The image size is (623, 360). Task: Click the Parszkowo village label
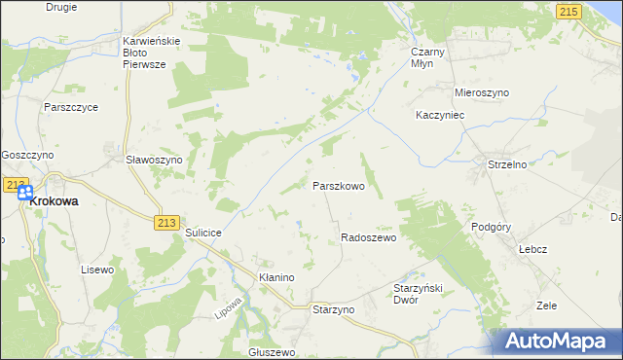(338, 186)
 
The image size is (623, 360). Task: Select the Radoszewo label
(368, 237)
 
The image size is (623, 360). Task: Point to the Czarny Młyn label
(428, 54)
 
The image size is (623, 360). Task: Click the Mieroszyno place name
(482, 92)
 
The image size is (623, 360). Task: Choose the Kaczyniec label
(443, 114)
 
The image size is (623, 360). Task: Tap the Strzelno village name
(506, 164)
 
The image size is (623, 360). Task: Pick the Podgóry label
(491, 226)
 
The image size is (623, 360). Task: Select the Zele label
(546, 306)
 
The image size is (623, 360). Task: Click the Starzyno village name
(333, 308)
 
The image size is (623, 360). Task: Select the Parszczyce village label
(70, 108)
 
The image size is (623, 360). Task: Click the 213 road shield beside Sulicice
(165, 223)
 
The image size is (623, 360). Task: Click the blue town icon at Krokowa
(25, 193)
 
